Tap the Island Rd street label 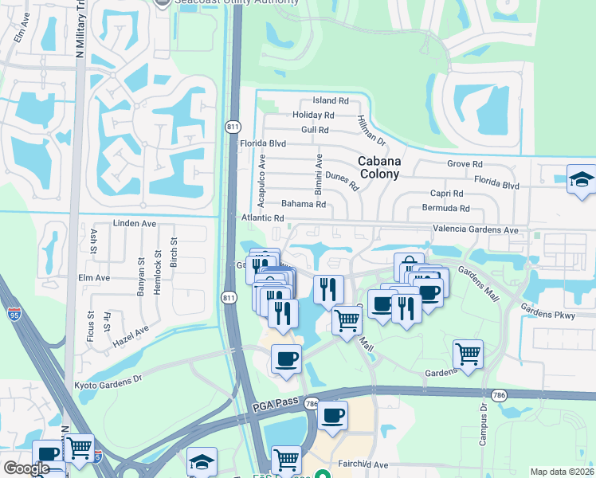point(331,101)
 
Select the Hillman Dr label point(371,130)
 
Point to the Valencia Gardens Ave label point(475,230)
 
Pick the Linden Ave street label point(134,224)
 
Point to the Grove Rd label point(465,164)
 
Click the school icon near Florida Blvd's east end point(582,178)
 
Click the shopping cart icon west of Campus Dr point(468,354)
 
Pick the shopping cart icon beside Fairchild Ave point(286,459)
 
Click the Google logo point(26,468)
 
